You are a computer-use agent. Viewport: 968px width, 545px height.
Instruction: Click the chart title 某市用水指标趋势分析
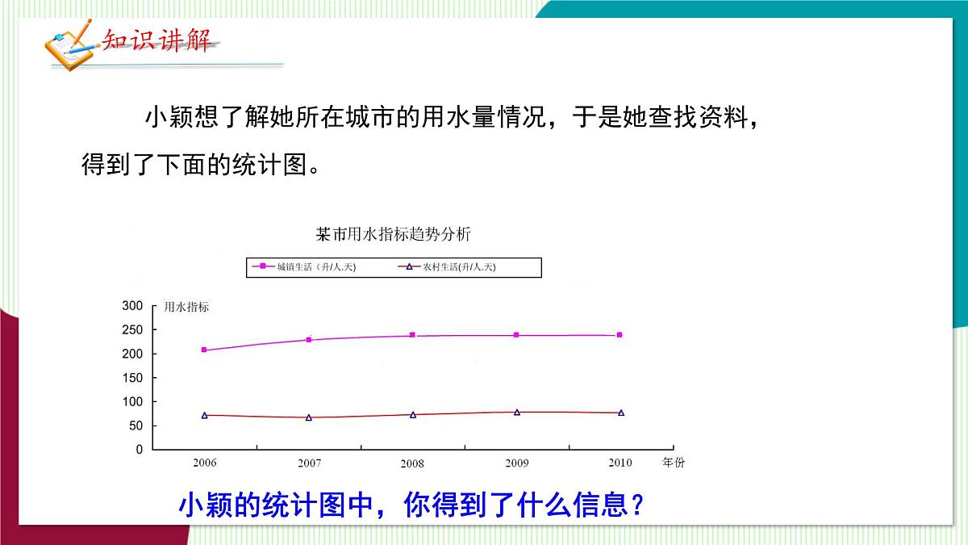393,235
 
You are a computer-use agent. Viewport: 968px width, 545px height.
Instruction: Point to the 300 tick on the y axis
132,306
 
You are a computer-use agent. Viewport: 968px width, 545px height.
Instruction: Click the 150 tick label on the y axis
132,378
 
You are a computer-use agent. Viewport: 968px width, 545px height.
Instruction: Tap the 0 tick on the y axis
139,449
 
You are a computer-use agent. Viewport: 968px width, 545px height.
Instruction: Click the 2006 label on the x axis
204,463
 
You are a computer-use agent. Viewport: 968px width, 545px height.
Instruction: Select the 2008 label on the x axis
411,463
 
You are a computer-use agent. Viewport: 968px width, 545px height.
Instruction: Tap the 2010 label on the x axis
620,463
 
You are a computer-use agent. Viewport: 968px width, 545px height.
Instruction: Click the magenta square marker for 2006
204,350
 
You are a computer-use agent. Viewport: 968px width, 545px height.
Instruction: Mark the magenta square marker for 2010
620,334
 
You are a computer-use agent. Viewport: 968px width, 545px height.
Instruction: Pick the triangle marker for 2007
308,417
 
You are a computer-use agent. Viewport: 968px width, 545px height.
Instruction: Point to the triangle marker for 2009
516,412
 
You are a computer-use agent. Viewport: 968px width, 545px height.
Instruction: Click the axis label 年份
673,463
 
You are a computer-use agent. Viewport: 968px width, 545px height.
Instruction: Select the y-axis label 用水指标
186,307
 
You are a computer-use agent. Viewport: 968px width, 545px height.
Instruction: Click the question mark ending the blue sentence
636,506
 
